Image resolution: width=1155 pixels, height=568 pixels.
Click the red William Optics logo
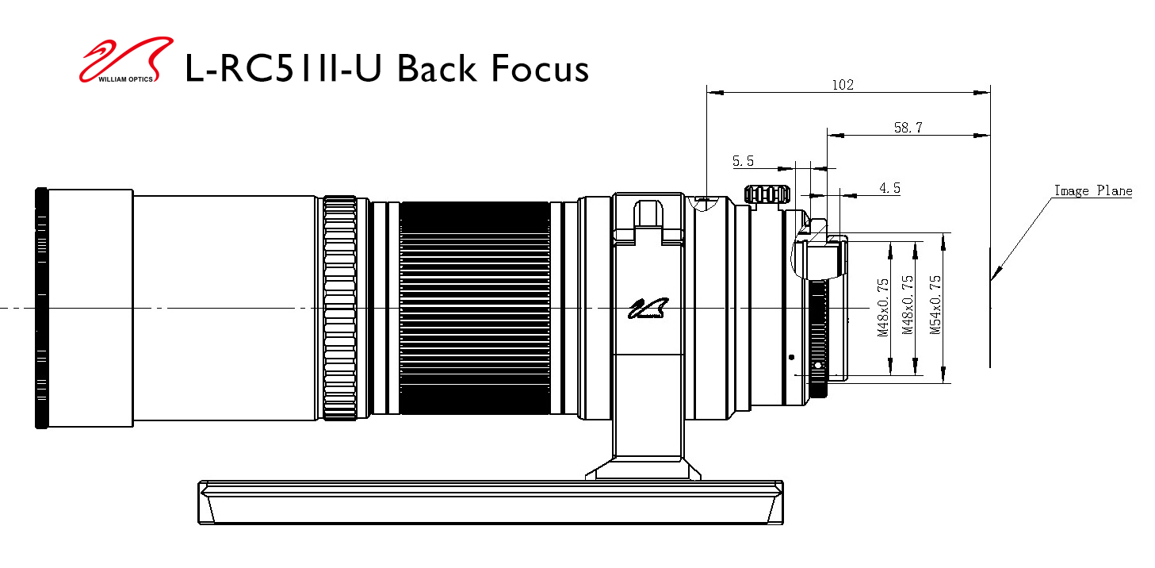[125, 60]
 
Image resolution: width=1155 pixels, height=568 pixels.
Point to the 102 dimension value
[843, 85]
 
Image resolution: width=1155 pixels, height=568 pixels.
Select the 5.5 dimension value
[743, 161]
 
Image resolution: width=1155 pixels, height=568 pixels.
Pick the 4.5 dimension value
[889, 188]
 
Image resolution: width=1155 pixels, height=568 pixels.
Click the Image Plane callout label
[1092, 190]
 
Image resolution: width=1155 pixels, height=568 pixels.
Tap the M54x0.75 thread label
[935, 305]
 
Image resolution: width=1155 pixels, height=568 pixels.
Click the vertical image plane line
[989, 317]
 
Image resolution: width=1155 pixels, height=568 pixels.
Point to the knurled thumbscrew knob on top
[767, 194]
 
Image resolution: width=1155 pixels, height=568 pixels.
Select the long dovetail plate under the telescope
[490, 501]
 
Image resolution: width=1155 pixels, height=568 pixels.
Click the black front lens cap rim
[41, 308]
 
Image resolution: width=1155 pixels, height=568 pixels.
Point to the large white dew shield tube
[226, 308]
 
